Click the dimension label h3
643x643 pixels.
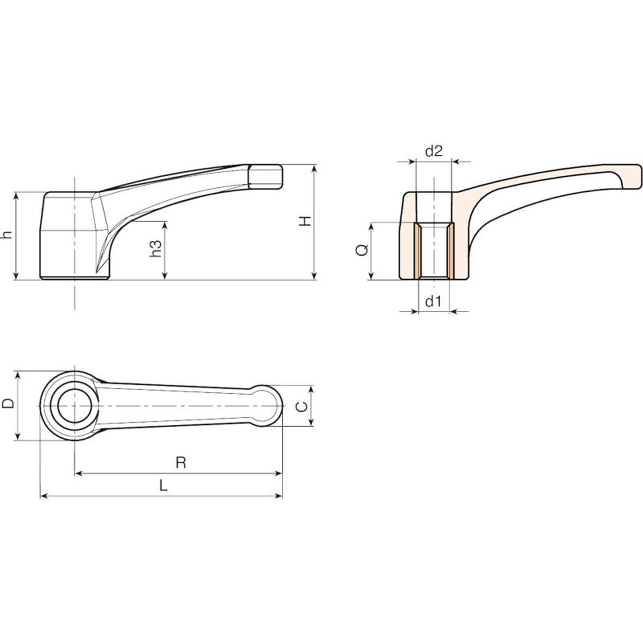(156, 249)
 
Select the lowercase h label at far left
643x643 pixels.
(7, 235)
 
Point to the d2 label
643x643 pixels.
(434, 151)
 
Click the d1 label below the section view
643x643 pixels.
(433, 301)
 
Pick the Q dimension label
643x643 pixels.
(362, 250)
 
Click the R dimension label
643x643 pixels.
(181, 463)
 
